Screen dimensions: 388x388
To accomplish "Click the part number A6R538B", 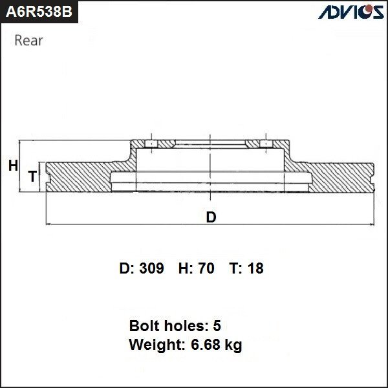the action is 39,12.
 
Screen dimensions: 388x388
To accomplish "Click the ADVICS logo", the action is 351,12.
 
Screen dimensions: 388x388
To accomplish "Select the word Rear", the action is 28,41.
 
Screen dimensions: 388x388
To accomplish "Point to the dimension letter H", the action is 13,166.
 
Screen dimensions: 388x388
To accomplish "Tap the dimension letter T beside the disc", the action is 33,177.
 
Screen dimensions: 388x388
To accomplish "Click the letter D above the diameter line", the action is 211,217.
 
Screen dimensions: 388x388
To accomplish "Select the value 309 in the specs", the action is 151,268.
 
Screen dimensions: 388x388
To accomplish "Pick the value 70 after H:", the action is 206,268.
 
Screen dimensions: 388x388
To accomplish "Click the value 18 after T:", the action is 255,268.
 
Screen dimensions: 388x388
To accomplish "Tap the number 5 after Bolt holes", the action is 217,326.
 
